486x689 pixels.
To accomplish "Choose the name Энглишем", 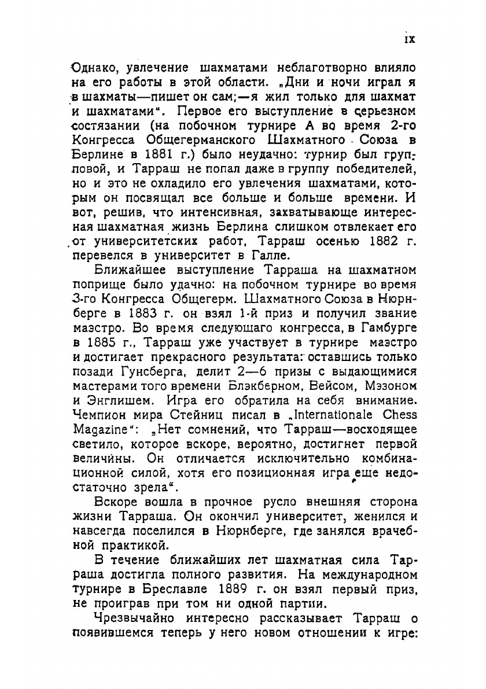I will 119,399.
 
